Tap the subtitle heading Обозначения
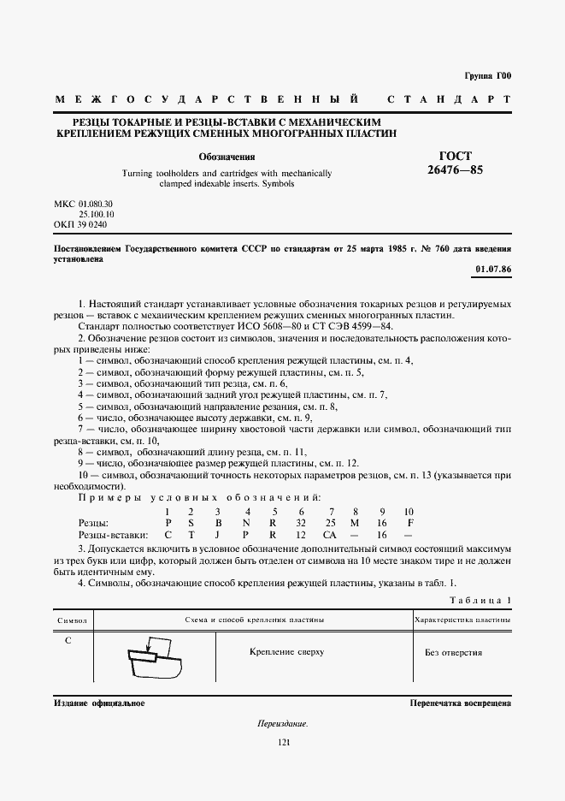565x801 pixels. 227,157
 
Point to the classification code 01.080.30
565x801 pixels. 96,204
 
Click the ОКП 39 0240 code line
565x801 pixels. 81,224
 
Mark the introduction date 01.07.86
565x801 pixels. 492,270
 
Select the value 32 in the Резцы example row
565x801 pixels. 300,522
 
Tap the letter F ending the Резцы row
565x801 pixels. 410,522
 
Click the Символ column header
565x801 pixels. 73,619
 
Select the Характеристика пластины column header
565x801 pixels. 462,619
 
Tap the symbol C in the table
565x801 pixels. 68,639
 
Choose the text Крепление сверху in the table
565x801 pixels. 286,652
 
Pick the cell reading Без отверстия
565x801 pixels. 453,652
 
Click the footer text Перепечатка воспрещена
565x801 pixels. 460,703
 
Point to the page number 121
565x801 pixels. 285,743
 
